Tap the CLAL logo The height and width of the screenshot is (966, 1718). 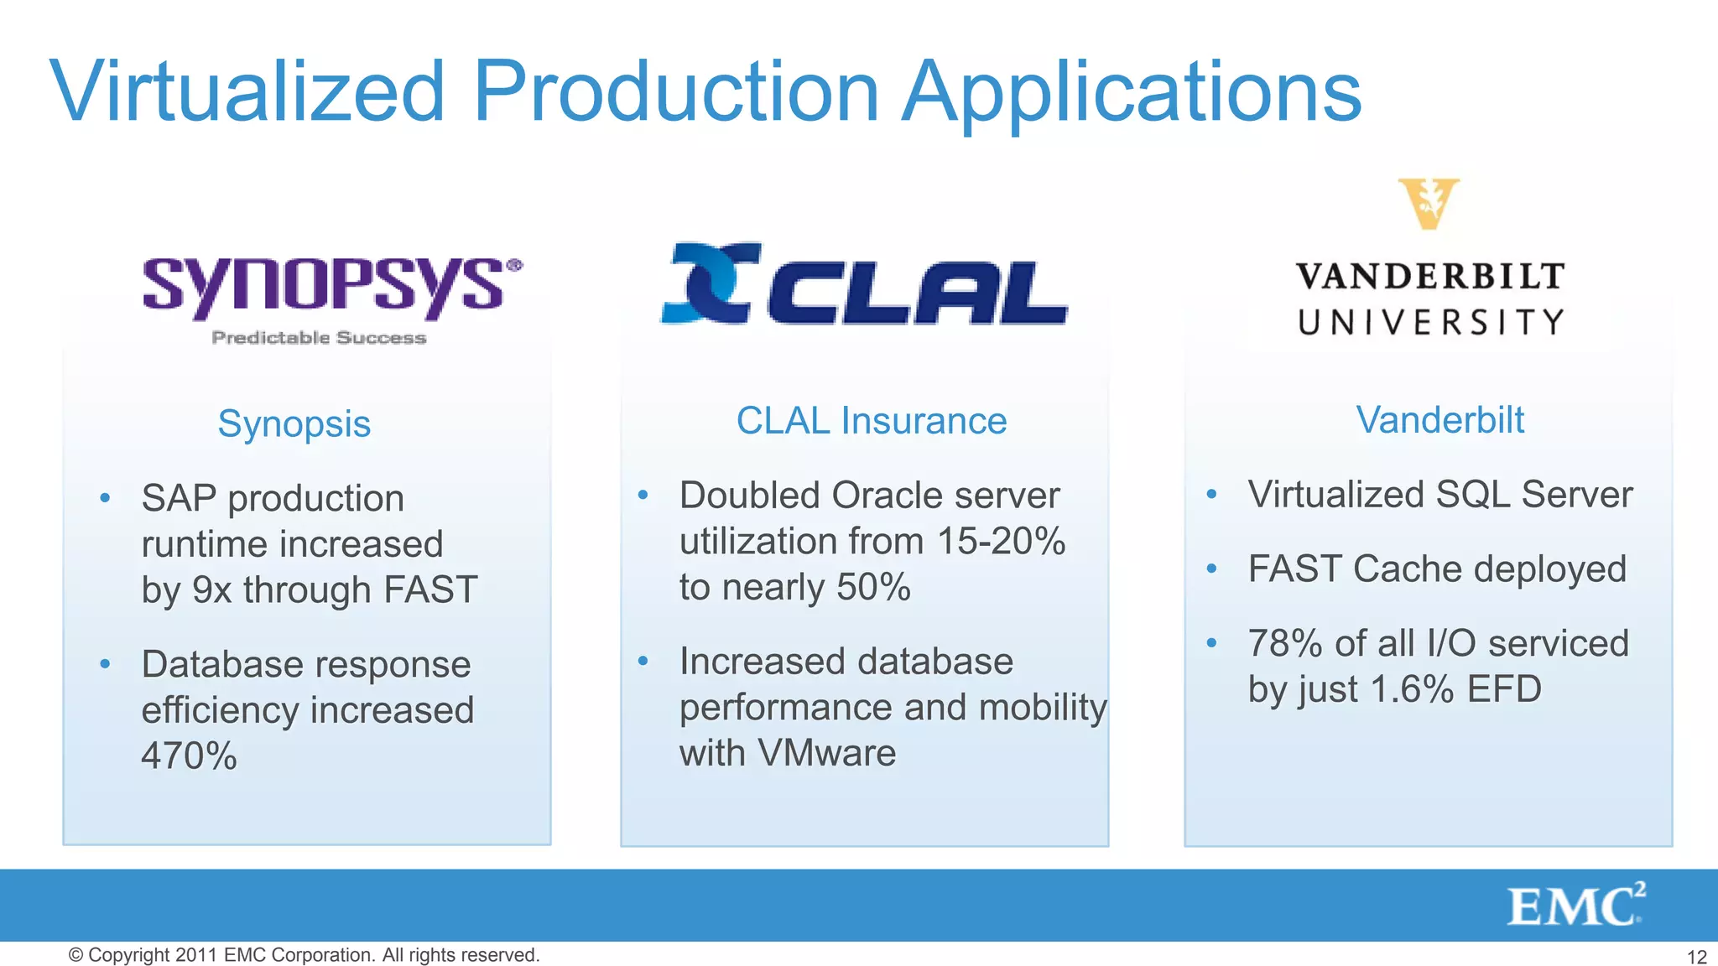pyautogui.click(x=864, y=285)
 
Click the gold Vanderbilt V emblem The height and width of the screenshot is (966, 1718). pyautogui.click(x=1429, y=203)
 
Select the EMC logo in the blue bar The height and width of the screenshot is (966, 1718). pyautogui.click(x=1575, y=906)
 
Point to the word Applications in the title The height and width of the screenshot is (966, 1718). pyautogui.click(x=1132, y=92)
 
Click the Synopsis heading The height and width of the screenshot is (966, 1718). pyautogui.click(x=294, y=423)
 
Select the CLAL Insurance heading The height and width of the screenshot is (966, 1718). pyautogui.click(x=872, y=420)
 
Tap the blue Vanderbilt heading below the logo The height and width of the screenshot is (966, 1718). pyautogui.click(x=1439, y=419)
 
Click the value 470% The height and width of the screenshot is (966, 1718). pyautogui.click(x=190, y=756)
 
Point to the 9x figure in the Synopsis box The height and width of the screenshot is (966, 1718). pyautogui.click(x=211, y=589)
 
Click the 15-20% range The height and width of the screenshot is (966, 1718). pyautogui.click(x=1001, y=541)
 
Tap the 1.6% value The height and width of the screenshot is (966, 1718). pyautogui.click(x=1412, y=689)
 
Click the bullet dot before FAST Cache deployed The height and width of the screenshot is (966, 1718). pyautogui.click(x=1211, y=569)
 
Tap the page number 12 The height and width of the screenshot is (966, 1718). pyautogui.click(x=1696, y=957)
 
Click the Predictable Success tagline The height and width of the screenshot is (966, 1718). pyautogui.click(x=319, y=338)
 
